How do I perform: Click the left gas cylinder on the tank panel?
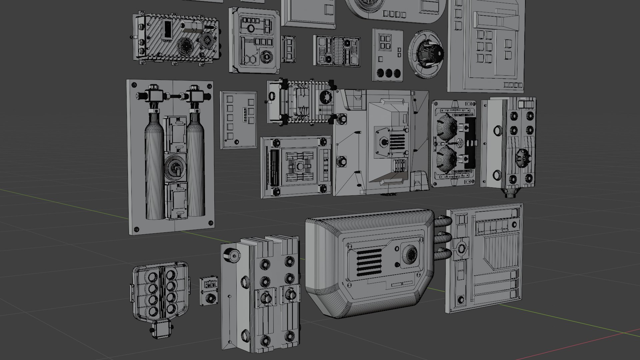pyautogui.click(x=154, y=167)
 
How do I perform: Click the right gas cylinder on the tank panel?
pyautogui.click(x=196, y=167)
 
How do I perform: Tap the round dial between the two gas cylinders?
pyautogui.click(x=175, y=167)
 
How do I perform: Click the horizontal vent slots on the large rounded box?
pyautogui.click(x=369, y=263)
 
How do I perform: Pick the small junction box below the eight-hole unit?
pyautogui.click(x=162, y=329)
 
